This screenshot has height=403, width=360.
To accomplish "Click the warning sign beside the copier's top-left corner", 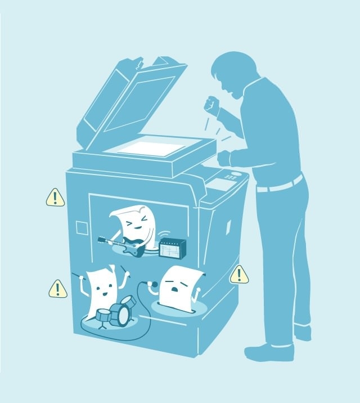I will (x=55, y=198).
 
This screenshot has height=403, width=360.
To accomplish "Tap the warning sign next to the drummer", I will (x=57, y=289).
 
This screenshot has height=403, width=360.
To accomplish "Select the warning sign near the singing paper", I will (x=239, y=275).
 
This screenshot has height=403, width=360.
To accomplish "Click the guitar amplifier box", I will (x=172, y=248).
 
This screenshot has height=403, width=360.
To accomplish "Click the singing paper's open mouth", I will (x=175, y=289).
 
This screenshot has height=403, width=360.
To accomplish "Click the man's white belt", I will (x=280, y=185).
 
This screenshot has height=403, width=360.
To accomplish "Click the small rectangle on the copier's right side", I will (x=228, y=226).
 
